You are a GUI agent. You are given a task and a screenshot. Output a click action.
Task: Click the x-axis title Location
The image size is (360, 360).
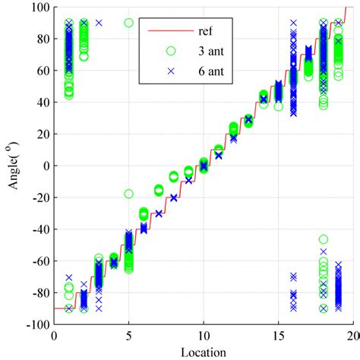(204, 351)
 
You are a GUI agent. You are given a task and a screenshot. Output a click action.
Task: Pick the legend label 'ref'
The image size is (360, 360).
(206, 33)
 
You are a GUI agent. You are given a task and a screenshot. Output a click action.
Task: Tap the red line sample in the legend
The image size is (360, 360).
(171, 33)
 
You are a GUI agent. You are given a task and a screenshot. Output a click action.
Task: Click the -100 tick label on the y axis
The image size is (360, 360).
(37, 324)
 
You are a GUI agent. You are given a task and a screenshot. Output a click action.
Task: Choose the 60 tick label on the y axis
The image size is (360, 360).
(43, 71)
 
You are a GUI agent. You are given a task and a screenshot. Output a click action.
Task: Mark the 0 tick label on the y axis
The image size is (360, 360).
(46, 166)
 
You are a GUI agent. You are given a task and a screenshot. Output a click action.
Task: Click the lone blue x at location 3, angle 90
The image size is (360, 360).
(98, 23)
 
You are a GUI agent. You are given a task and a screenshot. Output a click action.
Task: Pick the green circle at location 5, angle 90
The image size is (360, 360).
(128, 23)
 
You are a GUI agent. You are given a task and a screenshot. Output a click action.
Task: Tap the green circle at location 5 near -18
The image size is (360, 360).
(128, 194)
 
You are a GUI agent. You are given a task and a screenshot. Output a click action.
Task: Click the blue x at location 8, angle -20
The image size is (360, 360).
(173, 197)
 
